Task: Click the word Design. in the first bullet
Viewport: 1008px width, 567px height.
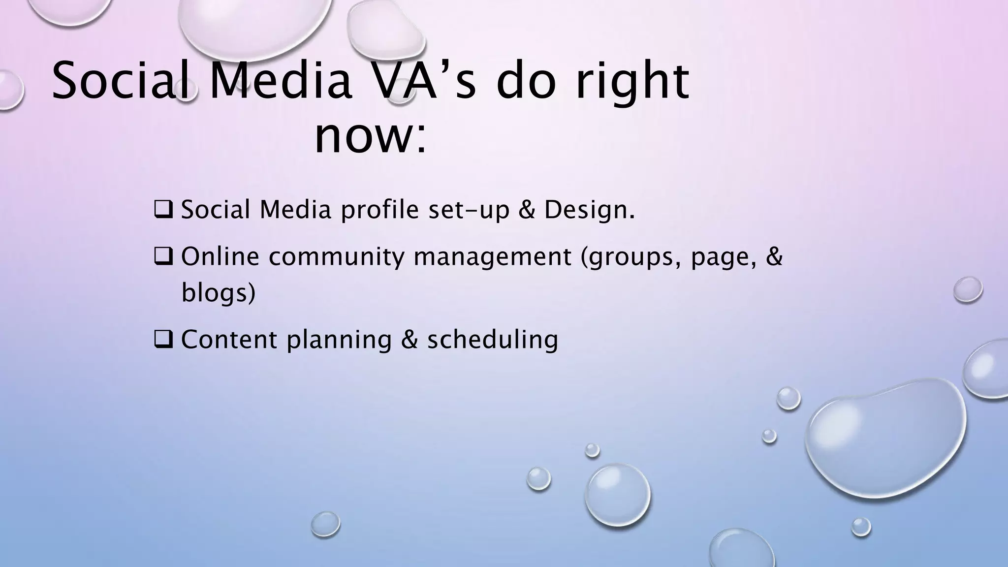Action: coord(589,210)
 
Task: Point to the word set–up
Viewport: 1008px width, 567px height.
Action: coord(469,211)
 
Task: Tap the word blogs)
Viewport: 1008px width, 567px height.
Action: coord(219,293)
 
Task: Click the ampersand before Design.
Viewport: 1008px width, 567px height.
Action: coord(527,210)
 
